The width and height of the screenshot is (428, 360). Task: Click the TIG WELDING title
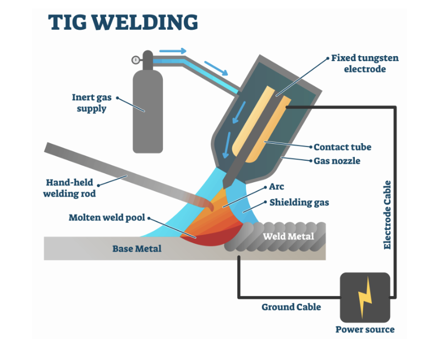click(x=123, y=23)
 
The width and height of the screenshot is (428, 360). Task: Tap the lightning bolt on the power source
click(x=365, y=297)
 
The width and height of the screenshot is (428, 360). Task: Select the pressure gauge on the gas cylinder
click(x=136, y=59)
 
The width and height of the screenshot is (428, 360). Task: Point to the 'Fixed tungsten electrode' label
click(x=364, y=63)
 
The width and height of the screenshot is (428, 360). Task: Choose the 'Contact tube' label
click(x=342, y=147)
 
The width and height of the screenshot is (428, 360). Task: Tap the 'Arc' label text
click(x=277, y=187)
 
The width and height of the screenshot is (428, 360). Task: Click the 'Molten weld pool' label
click(x=107, y=217)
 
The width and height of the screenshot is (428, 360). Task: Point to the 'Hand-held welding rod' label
click(x=70, y=187)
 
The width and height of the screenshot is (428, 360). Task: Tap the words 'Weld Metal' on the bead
click(x=288, y=236)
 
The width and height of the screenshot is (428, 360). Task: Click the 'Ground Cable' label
click(x=291, y=307)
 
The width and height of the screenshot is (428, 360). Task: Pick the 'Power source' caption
click(x=365, y=329)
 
